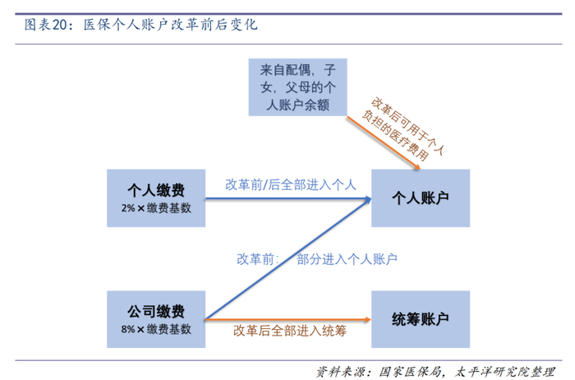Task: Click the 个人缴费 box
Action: coord(155,198)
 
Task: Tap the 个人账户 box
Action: coord(421,198)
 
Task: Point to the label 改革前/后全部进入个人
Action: coord(290,184)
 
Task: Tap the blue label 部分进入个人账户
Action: coord(347,259)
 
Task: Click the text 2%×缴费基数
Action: coord(155,209)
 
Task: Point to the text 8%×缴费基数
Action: coord(155,329)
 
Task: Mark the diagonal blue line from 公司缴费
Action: coord(287,258)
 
